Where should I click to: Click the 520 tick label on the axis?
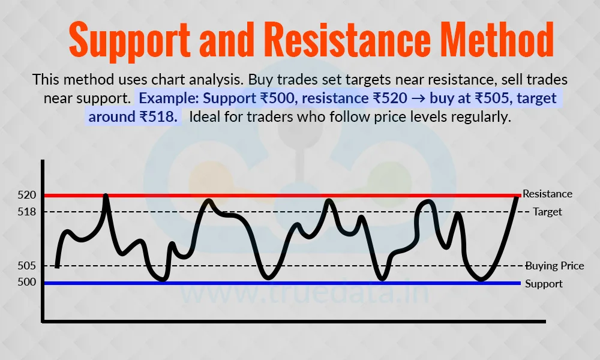click(x=27, y=195)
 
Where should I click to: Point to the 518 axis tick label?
click(x=27, y=212)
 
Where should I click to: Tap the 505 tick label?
click(x=27, y=266)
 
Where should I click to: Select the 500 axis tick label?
click(x=27, y=282)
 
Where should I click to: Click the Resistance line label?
click(x=547, y=194)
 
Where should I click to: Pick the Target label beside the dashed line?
click(x=548, y=212)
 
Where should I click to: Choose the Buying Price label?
click(x=555, y=266)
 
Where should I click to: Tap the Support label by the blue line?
click(x=544, y=284)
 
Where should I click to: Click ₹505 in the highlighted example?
click(x=493, y=98)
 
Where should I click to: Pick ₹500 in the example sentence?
click(x=278, y=98)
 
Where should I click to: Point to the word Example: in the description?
click(x=169, y=98)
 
